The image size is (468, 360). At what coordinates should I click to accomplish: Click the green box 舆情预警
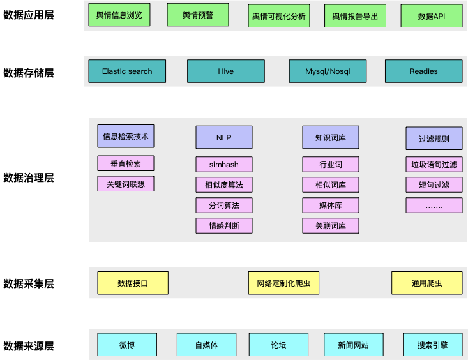click(198, 15)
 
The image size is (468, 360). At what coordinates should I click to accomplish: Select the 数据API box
click(431, 16)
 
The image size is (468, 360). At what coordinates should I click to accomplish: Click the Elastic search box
click(127, 71)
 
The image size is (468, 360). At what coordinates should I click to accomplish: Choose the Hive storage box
click(225, 71)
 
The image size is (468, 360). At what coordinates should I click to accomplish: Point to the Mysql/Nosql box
click(328, 71)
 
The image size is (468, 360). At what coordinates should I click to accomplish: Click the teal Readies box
click(423, 71)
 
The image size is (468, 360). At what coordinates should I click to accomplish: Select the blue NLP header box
click(223, 137)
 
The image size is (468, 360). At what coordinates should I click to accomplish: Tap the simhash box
click(223, 165)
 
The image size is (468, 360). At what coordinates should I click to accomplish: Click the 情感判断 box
click(223, 225)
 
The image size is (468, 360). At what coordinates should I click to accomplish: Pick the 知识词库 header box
click(330, 137)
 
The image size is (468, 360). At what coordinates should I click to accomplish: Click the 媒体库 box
click(330, 206)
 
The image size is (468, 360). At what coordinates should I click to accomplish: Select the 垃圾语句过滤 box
click(434, 165)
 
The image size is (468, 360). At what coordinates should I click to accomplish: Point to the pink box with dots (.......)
click(434, 206)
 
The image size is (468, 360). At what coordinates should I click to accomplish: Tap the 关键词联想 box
click(126, 184)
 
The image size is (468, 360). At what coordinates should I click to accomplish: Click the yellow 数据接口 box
click(133, 283)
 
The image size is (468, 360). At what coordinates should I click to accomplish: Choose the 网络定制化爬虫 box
click(283, 283)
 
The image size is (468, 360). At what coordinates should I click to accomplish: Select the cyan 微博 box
click(126, 345)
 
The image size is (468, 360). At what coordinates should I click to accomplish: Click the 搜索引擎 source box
click(432, 345)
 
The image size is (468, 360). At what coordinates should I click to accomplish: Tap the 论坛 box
click(278, 345)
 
